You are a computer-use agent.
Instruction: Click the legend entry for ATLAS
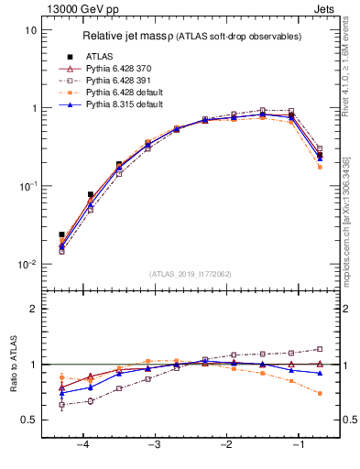pos(99,57)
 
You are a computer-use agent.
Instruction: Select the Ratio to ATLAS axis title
pos(14,364)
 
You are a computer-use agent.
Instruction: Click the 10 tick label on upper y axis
pos(30,30)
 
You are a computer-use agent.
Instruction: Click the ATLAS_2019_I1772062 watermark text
pos(191,274)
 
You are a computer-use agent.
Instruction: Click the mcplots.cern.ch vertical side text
pos(352,229)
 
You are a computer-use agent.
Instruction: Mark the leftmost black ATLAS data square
pos(61,234)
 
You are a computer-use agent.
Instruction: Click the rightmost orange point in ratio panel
pos(320,394)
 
